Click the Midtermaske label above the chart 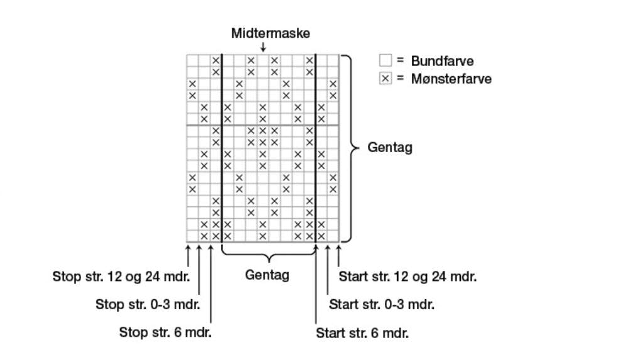270,33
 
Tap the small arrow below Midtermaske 262,47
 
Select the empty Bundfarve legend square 385,61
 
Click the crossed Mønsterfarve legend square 385,79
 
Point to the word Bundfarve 442,61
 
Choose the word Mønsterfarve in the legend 451,79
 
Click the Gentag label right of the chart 389,148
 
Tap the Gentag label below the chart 267,275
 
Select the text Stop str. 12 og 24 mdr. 121,276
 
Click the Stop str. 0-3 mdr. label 148,305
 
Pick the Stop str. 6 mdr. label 165,332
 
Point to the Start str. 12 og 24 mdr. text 407,276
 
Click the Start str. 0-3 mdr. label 381,305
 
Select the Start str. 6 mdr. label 362,333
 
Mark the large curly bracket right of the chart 347,148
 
